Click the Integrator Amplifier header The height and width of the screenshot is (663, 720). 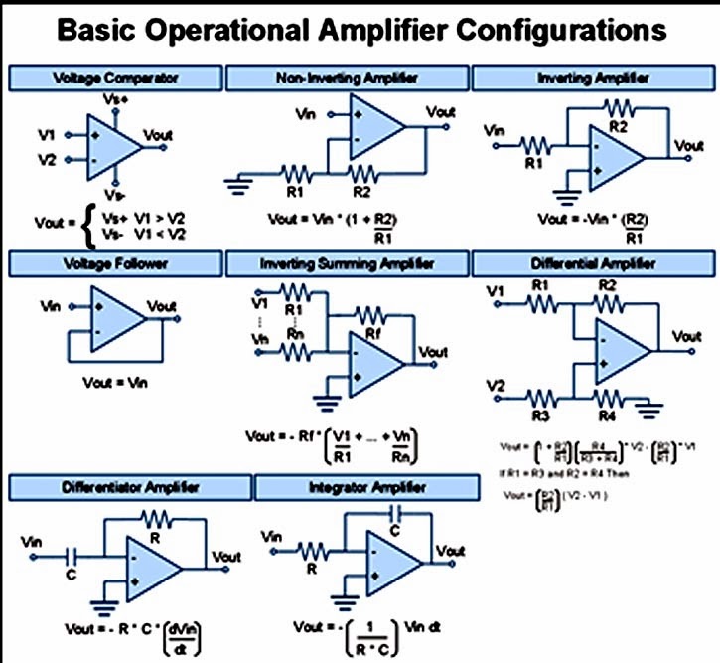pyautogui.click(x=367, y=487)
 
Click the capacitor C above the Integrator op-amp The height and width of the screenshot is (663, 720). pyautogui.click(x=393, y=514)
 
